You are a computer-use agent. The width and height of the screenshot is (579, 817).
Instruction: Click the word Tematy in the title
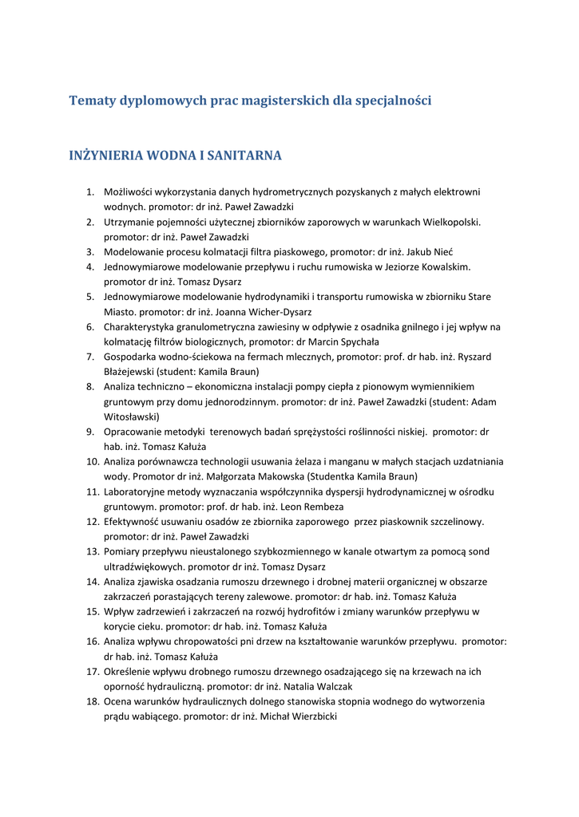point(93,101)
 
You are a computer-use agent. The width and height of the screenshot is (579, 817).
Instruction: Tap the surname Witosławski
point(132,416)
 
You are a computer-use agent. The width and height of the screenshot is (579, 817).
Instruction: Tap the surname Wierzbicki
point(307,716)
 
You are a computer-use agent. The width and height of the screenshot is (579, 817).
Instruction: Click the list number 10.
point(92,461)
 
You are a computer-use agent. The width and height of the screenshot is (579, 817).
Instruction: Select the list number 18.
point(92,701)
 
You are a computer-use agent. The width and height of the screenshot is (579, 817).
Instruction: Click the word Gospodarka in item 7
point(129,356)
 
